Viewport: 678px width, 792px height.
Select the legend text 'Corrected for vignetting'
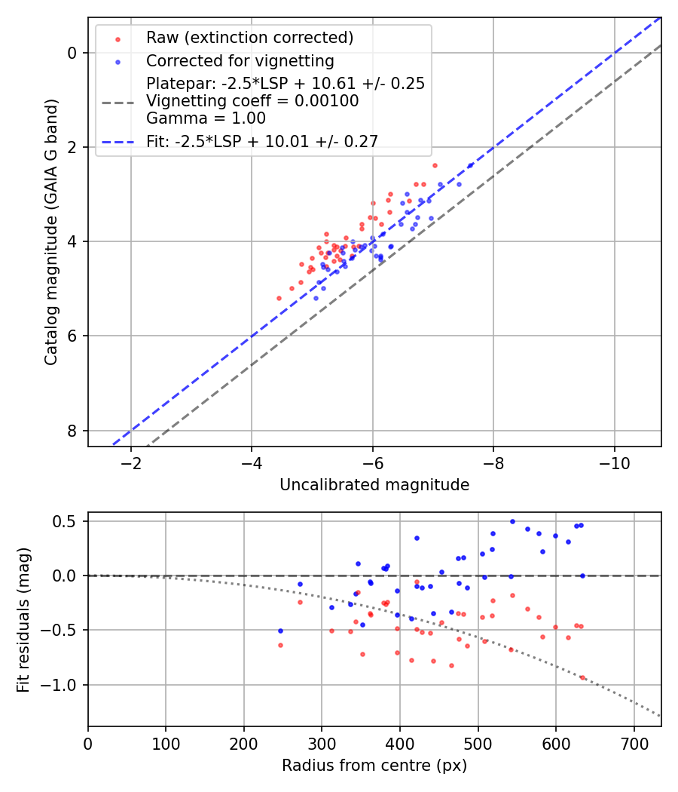click(x=240, y=61)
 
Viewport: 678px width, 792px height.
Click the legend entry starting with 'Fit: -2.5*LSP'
click(x=262, y=141)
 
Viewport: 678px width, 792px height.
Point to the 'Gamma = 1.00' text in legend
click(x=206, y=118)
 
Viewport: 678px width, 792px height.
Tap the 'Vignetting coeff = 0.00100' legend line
click(x=252, y=101)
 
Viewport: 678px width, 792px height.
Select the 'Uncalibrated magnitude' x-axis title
click(x=374, y=485)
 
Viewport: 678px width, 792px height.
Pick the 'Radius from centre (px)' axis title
click(x=374, y=766)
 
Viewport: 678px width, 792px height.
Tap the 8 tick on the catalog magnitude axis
click(x=72, y=431)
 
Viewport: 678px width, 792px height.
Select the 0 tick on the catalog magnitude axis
click(x=72, y=53)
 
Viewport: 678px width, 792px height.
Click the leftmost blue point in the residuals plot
click(x=280, y=631)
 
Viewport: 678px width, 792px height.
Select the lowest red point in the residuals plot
click(x=582, y=677)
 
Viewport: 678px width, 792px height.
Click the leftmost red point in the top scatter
click(x=279, y=298)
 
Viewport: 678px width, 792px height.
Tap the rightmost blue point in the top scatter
click(x=471, y=165)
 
